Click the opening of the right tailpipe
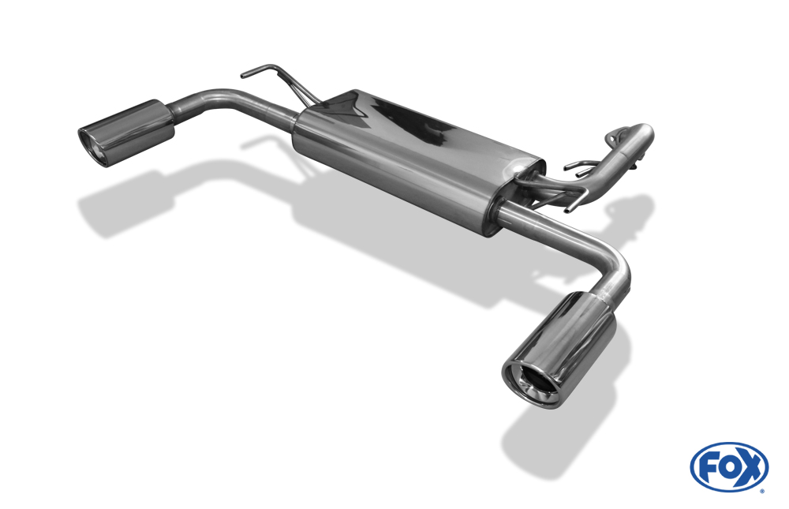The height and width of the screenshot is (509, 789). coord(533,384)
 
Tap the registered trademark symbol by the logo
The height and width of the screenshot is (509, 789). coord(762,490)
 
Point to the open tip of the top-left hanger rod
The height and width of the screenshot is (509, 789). coord(243,76)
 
